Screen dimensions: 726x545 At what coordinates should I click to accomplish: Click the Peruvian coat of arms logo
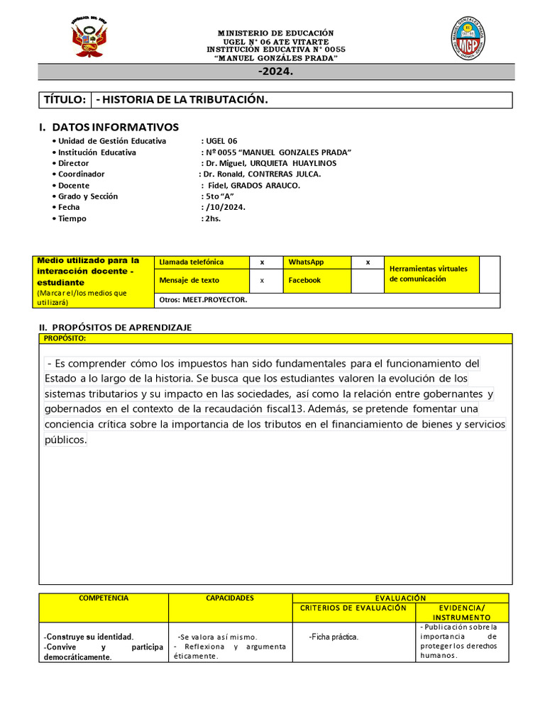pos(89,38)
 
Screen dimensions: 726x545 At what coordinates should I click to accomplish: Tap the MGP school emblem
pos(468,38)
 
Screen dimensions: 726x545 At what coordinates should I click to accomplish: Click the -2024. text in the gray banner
pos(275,72)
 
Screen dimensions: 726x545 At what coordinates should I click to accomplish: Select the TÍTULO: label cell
pos(65,100)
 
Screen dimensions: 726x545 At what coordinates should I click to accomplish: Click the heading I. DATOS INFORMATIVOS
pos(109,127)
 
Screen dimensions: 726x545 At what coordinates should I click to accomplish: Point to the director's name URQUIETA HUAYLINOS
pos(292,163)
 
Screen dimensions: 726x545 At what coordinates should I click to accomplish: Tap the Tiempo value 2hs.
pos(213,218)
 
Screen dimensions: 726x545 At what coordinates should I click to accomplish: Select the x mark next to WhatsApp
pos(368,262)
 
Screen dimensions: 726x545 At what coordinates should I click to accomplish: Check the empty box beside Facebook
pos(368,281)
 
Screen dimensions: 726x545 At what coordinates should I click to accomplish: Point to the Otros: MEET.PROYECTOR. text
pos(204,300)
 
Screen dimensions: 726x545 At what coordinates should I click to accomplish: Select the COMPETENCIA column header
pos(104,598)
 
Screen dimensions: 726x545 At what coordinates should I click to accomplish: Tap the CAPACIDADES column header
pos(230,598)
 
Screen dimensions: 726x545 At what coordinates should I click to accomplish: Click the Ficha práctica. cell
pos(334,637)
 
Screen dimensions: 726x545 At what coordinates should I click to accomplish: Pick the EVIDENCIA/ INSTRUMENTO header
pos(462,613)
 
